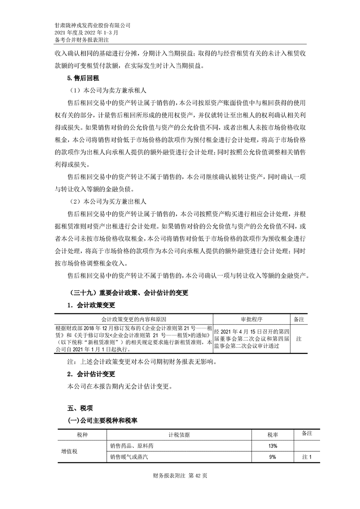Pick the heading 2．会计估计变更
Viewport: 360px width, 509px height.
click(91, 375)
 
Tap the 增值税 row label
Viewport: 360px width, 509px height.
click(69, 451)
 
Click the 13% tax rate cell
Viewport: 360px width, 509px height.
click(272, 446)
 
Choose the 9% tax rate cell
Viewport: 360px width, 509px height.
click(272, 457)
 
